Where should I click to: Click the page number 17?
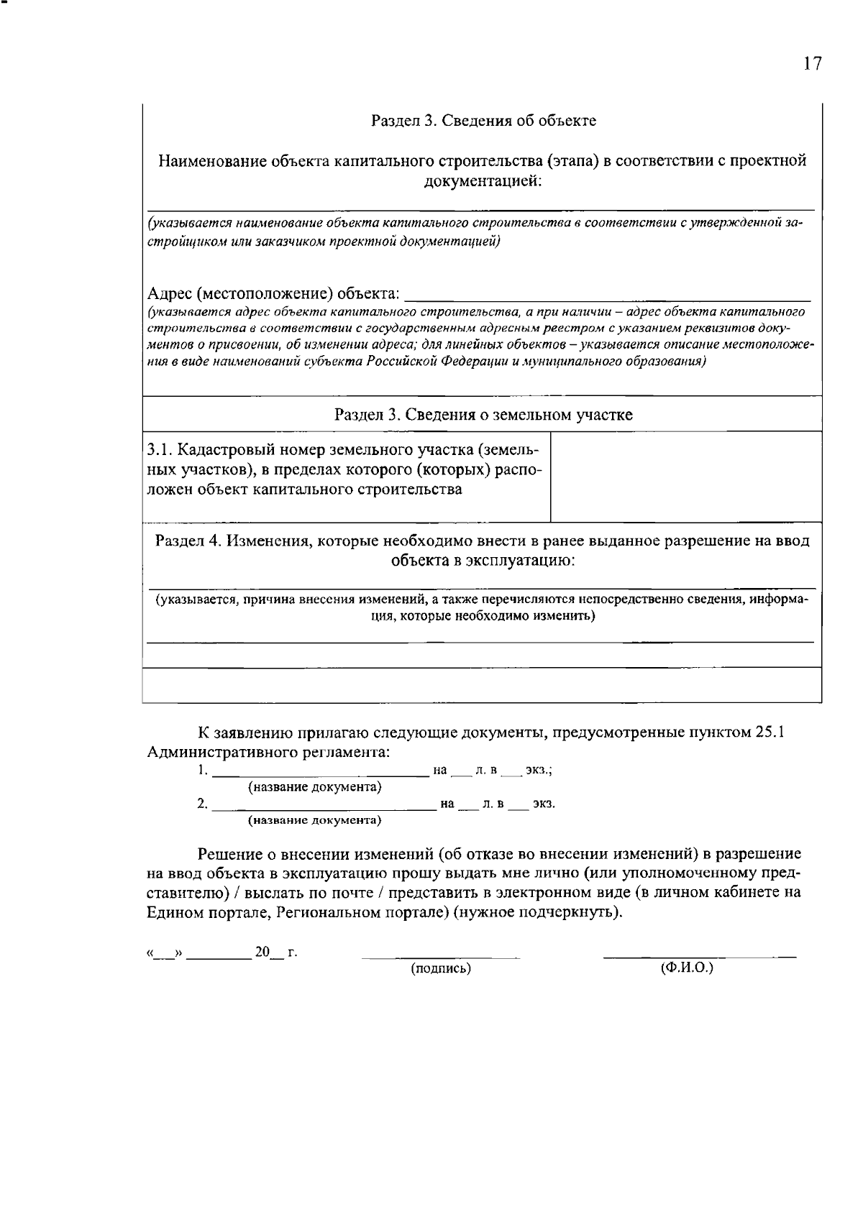pos(812,64)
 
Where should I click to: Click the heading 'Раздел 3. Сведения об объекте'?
pos(483,120)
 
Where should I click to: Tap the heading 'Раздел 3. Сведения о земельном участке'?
pos(483,415)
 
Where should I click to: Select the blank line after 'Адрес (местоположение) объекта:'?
pos(608,293)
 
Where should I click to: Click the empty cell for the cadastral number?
pos(685,477)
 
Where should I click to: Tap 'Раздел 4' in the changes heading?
pos(188,541)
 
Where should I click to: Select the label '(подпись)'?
pos(441,968)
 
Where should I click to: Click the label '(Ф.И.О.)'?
pos(686,968)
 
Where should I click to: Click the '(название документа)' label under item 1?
pos(314,787)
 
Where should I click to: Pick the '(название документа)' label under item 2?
pos(314,819)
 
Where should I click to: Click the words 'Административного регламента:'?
pos(268,752)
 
